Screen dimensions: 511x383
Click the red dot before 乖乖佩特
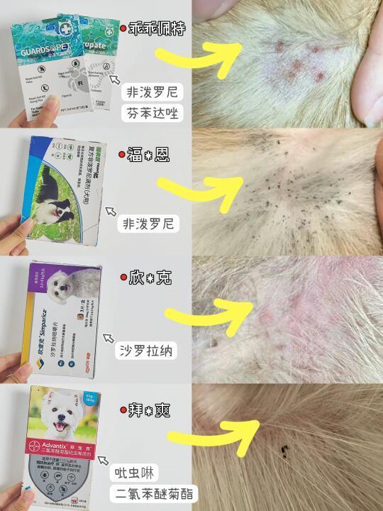coord(123,29)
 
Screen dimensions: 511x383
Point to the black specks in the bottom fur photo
coord(285,449)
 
